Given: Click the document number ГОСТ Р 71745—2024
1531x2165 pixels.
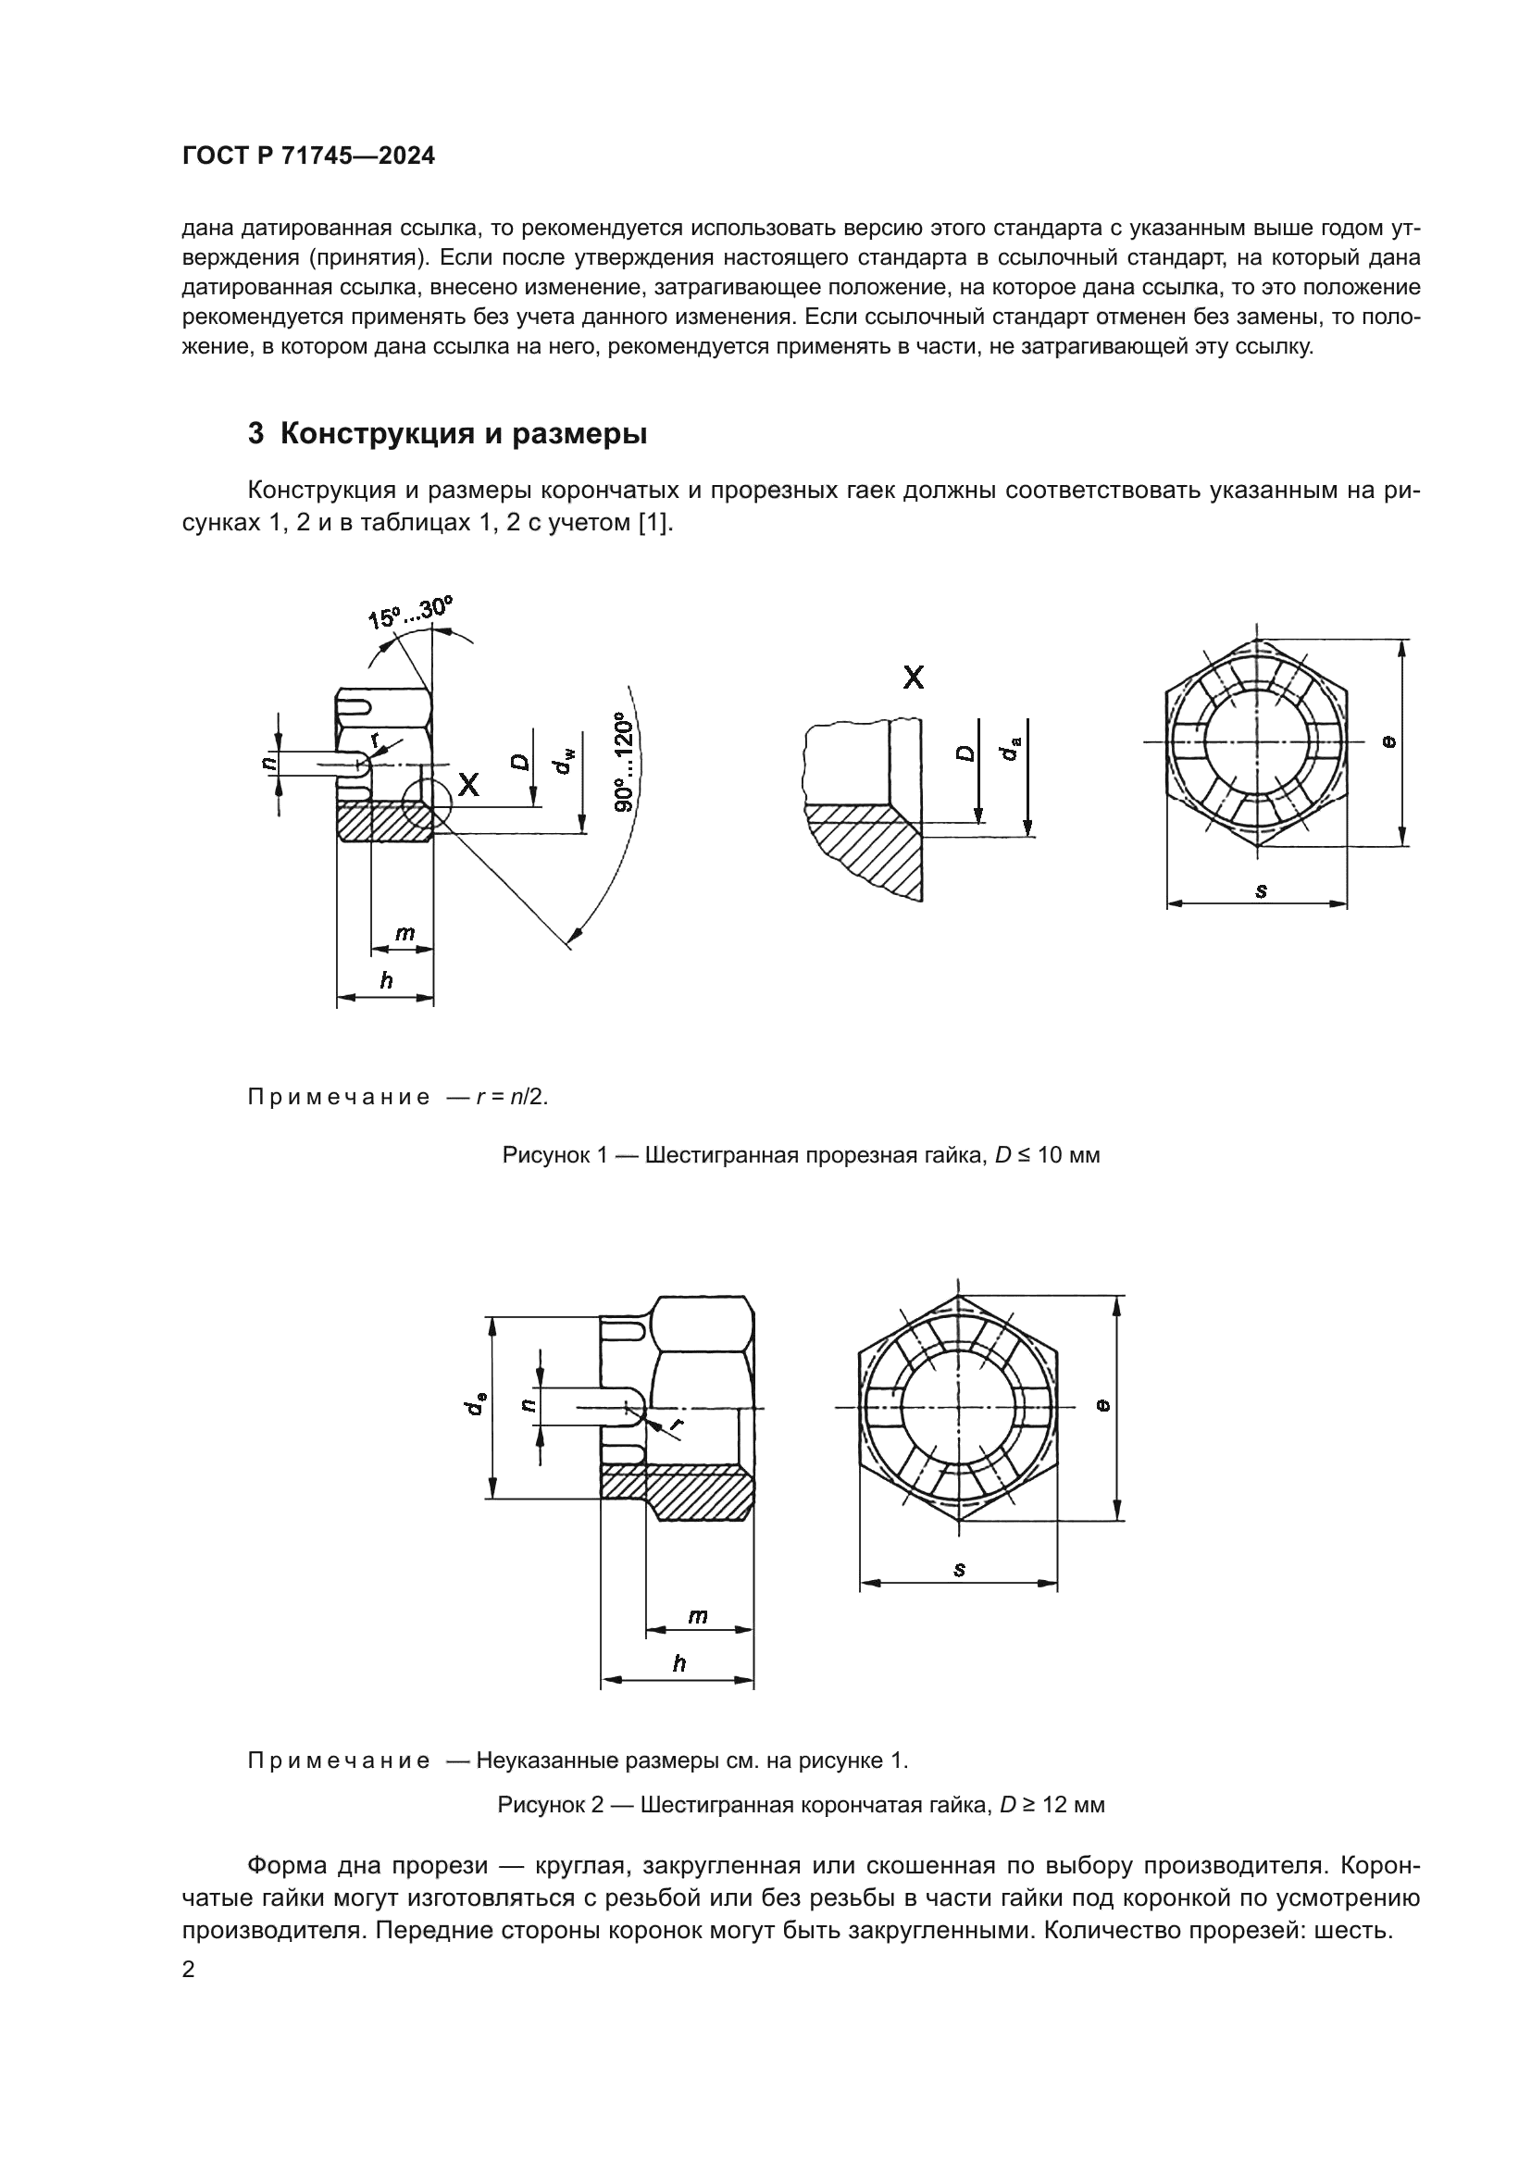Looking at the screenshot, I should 308,156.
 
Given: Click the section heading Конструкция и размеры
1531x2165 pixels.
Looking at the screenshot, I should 447,434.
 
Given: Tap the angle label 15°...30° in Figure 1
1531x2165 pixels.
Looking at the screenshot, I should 410,613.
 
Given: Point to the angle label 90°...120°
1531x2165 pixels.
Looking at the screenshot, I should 621,763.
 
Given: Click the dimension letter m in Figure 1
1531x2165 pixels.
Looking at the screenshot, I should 404,934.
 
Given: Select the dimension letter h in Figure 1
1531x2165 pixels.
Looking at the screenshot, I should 386,980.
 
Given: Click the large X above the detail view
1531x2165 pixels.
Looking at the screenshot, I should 913,677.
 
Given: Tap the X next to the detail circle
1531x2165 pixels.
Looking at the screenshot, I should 468,785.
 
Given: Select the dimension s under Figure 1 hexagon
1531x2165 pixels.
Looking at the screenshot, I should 1261,890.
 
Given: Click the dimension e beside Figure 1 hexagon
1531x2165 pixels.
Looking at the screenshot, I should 1388,742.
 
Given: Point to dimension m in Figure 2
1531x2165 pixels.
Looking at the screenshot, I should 697,1615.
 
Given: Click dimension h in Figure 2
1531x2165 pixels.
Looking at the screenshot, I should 678,1663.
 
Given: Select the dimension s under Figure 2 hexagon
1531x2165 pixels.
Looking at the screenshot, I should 959,1569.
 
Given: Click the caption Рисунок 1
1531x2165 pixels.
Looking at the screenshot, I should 801,1155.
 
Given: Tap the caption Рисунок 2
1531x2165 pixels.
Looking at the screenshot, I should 801,1805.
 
